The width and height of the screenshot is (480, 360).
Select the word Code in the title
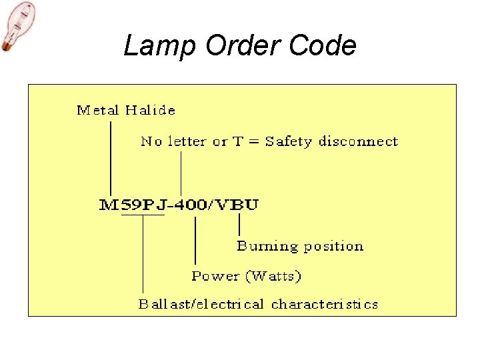[327, 46]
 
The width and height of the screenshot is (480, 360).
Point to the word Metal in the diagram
[97, 110]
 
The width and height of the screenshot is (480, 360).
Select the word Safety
[289, 141]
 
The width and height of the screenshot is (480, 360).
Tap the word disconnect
[358, 141]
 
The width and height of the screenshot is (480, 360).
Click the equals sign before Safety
[255, 142]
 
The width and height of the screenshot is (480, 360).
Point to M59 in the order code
[120, 205]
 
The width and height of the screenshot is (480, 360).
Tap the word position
[333, 247]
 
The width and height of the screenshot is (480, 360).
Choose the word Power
[215, 276]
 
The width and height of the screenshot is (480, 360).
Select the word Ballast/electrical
[201, 305]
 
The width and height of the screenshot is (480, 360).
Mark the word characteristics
[325, 305]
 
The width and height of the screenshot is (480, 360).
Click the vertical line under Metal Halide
[110, 157]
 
